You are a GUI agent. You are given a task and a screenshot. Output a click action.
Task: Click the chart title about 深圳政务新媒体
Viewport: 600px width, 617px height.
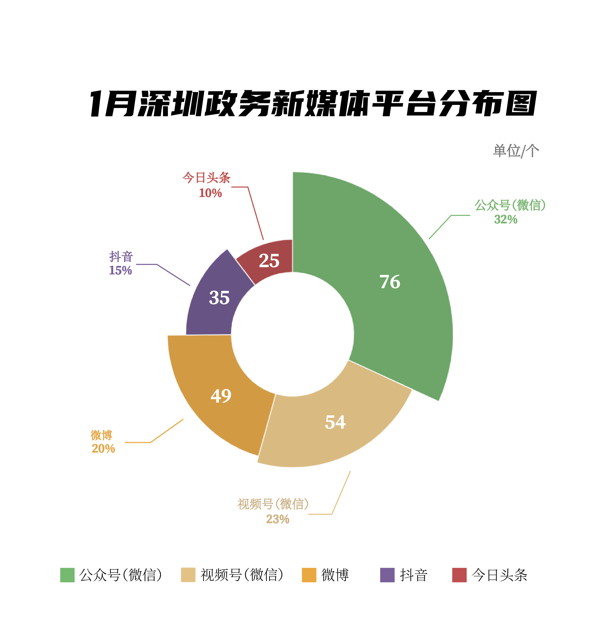[313, 104]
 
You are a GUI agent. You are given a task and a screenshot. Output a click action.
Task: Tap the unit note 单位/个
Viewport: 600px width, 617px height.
[516, 151]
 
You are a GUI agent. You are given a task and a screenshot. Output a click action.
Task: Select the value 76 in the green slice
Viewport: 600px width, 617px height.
[390, 282]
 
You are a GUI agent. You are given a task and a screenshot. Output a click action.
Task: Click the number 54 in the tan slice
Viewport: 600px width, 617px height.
[335, 422]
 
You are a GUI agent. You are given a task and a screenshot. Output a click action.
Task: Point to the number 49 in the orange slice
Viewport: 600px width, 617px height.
[221, 396]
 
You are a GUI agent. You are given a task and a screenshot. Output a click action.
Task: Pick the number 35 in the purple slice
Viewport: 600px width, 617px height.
[219, 298]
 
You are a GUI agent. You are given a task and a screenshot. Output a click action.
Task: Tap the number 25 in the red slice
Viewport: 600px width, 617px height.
[269, 261]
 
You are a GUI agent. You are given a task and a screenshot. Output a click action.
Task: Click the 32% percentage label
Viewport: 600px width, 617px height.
[505, 220]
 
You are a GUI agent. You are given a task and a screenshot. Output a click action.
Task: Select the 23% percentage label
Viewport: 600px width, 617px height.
[278, 519]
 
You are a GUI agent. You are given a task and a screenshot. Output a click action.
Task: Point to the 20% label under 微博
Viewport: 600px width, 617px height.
[103, 448]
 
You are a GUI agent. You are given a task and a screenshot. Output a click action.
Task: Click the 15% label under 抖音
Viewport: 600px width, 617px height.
[120, 270]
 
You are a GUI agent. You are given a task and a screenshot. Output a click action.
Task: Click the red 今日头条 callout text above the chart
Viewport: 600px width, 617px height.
[206, 178]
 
